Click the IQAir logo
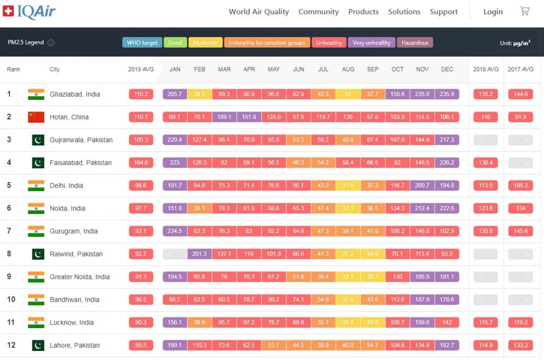tap(29, 12)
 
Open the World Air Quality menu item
tap(259, 12)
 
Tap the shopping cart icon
tap(525, 11)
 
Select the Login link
tap(493, 12)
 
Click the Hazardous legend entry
tap(415, 42)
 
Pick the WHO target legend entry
tap(142, 42)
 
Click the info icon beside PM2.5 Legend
tap(51, 42)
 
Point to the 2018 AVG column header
tap(486, 70)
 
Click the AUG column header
tap(348, 70)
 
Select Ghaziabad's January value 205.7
tap(175, 94)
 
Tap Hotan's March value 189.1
tap(224, 117)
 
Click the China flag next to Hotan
tap(36, 117)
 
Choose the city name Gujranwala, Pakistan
tap(81, 140)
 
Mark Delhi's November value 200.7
tap(422, 185)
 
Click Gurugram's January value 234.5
tap(175, 231)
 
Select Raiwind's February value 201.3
tap(200, 254)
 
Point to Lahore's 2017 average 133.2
tap(521, 345)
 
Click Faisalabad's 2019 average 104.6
tap(141, 162)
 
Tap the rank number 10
tap(11, 299)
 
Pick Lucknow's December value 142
tap(447, 322)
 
